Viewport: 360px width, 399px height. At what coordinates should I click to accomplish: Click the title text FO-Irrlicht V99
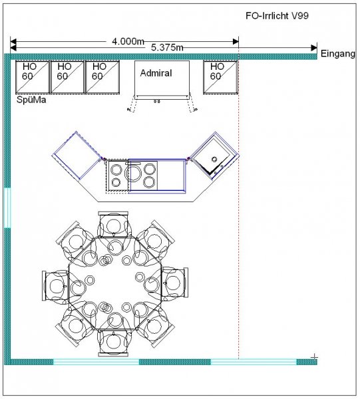click(x=277, y=16)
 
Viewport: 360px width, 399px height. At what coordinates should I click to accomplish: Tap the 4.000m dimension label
click(x=128, y=41)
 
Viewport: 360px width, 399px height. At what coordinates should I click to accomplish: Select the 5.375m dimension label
click(x=167, y=47)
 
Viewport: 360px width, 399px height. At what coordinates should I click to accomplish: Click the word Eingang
click(x=337, y=54)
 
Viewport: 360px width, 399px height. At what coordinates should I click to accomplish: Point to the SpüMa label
click(x=31, y=100)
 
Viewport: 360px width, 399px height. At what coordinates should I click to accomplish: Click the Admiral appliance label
click(x=156, y=73)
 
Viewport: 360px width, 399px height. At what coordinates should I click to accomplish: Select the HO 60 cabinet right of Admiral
click(x=220, y=77)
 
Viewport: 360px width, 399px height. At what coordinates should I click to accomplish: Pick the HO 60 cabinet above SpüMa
click(x=33, y=77)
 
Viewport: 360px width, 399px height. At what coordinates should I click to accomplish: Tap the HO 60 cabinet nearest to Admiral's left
click(x=102, y=77)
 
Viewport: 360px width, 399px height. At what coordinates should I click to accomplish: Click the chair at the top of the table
click(x=114, y=225)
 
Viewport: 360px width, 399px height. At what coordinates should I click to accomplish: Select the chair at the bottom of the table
click(x=113, y=342)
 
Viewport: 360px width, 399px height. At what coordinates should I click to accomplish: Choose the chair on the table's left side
click(x=55, y=285)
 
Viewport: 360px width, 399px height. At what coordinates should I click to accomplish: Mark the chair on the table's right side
click(x=174, y=283)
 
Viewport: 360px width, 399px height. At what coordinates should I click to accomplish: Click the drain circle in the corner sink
click(x=214, y=160)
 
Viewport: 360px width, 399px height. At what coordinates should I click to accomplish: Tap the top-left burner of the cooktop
click(x=116, y=170)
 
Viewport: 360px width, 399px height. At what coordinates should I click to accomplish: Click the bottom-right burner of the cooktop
click(x=149, y=182)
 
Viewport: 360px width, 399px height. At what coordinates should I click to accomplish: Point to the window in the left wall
click(x=7, y=207)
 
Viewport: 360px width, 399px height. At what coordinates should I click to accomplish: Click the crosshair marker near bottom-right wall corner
click(x=315, y=357)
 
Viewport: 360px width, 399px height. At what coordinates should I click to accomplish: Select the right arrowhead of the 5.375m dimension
click(x=314, y=48)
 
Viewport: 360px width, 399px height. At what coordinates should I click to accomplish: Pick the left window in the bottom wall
click(x=96, y=362)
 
